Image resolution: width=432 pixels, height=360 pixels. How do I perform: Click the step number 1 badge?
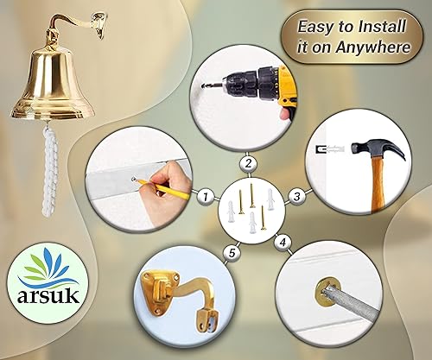point(206,197)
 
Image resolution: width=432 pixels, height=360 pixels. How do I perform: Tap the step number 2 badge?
point(248,164)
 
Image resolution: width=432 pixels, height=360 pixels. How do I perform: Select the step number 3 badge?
point(297,197)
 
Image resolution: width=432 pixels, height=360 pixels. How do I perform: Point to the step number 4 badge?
point(283,243)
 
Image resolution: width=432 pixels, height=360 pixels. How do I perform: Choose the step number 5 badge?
point(232,253)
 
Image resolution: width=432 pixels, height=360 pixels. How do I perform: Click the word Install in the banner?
point(383,27)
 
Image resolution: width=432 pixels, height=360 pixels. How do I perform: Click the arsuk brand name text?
point(48,295)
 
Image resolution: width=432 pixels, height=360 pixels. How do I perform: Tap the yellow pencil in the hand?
point(162,189)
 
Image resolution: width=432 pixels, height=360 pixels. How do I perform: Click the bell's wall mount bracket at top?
point(98,25)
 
